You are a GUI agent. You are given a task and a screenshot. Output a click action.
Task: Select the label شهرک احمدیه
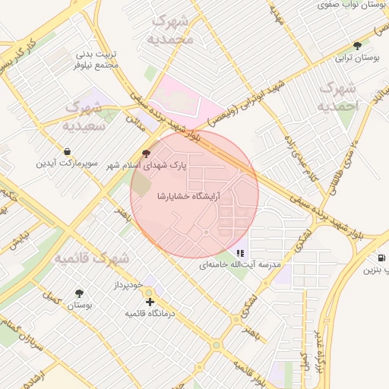[x=337, y=96]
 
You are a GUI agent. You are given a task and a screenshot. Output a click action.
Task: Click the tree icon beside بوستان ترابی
[x=357, y=46]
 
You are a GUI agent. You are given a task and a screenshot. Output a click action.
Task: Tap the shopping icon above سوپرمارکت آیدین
[x=69, y=152]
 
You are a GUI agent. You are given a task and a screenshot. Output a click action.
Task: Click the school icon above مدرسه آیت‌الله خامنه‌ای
[x=240, y=253]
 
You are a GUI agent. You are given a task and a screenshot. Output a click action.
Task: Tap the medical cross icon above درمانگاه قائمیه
[x=150, y=302]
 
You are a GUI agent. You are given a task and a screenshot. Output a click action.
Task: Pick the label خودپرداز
[x=125, y=285]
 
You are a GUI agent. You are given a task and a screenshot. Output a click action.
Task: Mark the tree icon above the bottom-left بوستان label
[x=79, y=293]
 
